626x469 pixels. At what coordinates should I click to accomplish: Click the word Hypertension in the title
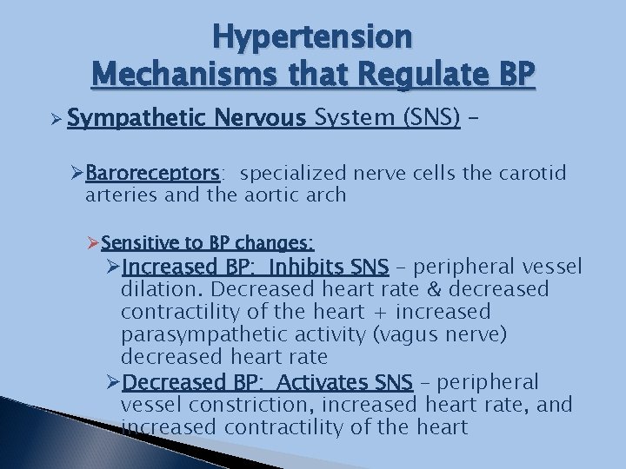coord(313,36)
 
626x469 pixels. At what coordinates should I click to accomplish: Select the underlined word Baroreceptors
coord(153,173)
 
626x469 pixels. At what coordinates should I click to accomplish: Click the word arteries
coord(121,195)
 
